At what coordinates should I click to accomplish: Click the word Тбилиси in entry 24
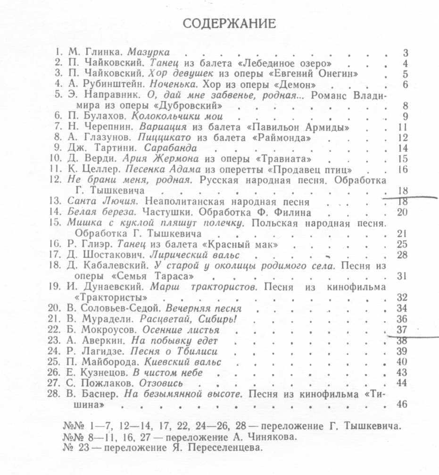click(x=191, y=351)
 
